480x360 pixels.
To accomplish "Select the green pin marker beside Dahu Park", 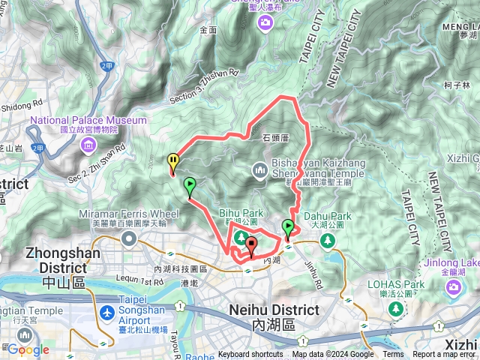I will point(288,227).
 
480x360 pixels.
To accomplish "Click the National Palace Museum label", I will point(88,120).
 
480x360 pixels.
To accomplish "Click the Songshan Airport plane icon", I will point(106,311).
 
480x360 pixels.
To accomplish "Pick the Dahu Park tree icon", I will point(327,240).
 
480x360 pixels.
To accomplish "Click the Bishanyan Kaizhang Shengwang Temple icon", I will point(259,169).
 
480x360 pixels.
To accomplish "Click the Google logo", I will point(28,349).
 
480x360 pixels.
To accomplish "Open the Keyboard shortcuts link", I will point(250,355).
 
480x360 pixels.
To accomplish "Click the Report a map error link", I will point(443,355).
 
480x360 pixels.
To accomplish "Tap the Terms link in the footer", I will point(393,355).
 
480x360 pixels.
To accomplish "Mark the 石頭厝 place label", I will point(277,137).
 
